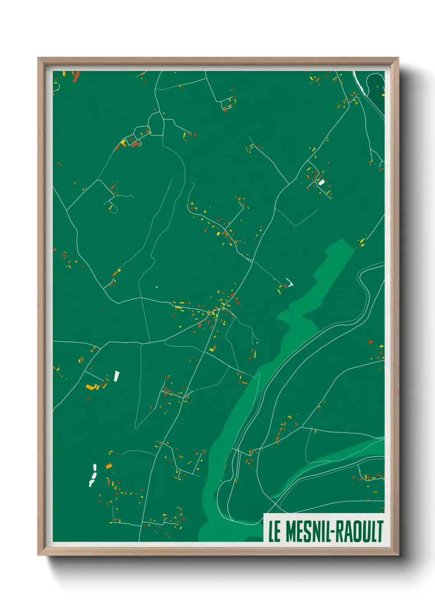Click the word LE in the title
(x=274, y=531)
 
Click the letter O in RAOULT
(x=356, y=531)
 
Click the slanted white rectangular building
(x=117, y=376)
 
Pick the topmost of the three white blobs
(x=95, y=467)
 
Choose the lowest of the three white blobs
(x=91, y=483)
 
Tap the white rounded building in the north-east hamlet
(x=322, y=182)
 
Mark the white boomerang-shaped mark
(x=291, y=283)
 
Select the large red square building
(x=370, y=342)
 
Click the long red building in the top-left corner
(x=76, y=77)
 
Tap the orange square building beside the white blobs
(x=109, y=466)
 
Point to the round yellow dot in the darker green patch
(x=383, y=95)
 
